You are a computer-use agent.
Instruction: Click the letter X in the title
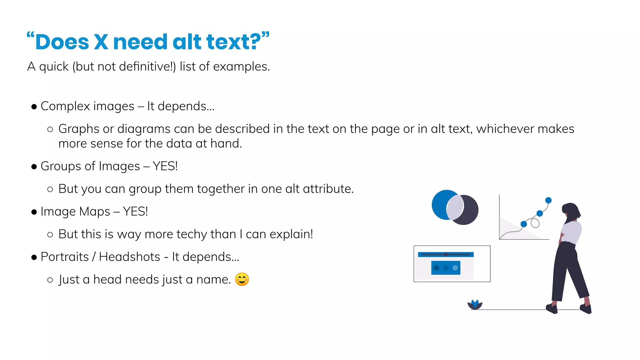coord(101,42)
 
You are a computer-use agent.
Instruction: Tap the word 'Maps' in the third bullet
coord(95,212)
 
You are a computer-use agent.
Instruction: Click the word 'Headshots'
coord(129,257)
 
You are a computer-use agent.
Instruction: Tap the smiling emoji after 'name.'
coord(242,279)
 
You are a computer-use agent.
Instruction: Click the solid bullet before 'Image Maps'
coord(34,212)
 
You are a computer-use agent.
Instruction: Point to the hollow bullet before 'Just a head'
coord(50,280)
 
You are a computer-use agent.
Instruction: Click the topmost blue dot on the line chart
coord(548,200)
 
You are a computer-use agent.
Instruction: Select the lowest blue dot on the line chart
coord(524,224)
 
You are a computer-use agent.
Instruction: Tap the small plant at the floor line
coord(475,305)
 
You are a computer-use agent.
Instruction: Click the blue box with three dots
coord(446,268)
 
